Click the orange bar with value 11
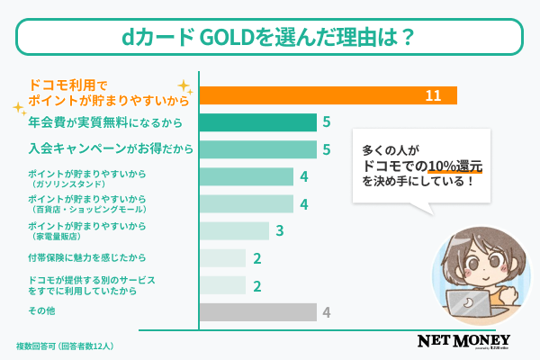tap(328, 95)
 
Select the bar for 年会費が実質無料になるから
tap(257, 122)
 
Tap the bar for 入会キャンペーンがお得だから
tap(257, 148)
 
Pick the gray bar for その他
tap(257, 312)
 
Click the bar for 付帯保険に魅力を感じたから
tap(221, 258)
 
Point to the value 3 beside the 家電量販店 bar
tap(280, 231)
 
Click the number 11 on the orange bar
tap(432, 95)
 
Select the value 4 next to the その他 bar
tap(328, 312)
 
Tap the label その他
tap(40, 312)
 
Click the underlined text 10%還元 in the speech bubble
tap(456, 165)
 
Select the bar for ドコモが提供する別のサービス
tap(221, 285)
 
